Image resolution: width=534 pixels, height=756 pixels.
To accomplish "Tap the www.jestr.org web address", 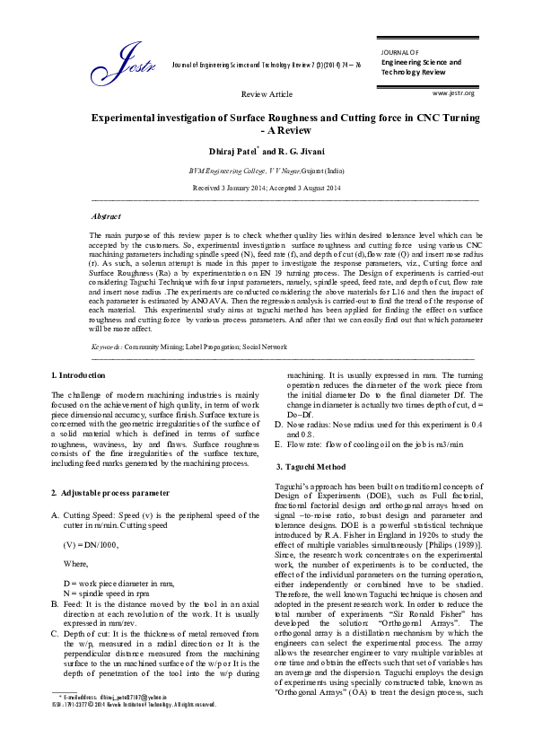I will [x=453, y=92].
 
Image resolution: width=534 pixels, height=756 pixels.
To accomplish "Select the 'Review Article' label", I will [x=267, y=93].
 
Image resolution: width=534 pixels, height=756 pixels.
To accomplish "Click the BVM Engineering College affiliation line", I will [x=267, y=170].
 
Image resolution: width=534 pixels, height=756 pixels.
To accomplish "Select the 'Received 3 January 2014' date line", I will [x=267, y=188].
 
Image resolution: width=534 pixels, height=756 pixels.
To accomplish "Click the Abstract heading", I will [x=107, y=217].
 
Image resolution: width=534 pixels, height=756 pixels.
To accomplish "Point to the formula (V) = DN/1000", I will [x=91, y=544].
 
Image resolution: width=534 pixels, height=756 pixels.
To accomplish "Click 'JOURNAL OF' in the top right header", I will [x=399, y=53].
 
